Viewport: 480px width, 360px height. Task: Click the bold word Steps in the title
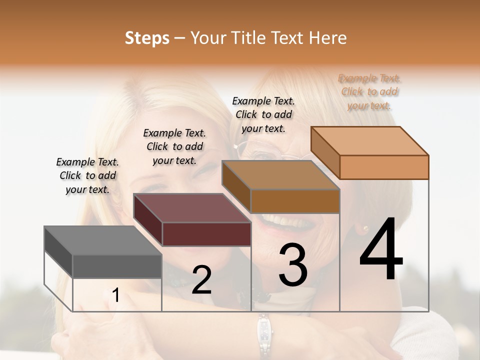(x=147, y=38)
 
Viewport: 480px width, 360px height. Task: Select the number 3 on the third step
(x=292, y=265)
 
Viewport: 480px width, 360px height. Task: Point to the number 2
(x=201, y=280)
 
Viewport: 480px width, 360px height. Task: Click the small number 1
(x=115, y=295)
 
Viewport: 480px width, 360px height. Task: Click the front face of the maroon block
(x=206, y=234)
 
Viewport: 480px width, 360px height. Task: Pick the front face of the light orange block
(x=384, y=167)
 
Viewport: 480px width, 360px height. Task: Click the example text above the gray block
(x=87, y=175)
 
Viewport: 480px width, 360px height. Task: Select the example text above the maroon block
(x=174, y=146)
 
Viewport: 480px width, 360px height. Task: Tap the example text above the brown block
(x=263, y=114)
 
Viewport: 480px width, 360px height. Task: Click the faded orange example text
(x=369, y=92)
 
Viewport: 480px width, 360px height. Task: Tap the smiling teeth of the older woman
(x=282, y=220)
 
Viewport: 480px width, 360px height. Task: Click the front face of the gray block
(x=117, y=266)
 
